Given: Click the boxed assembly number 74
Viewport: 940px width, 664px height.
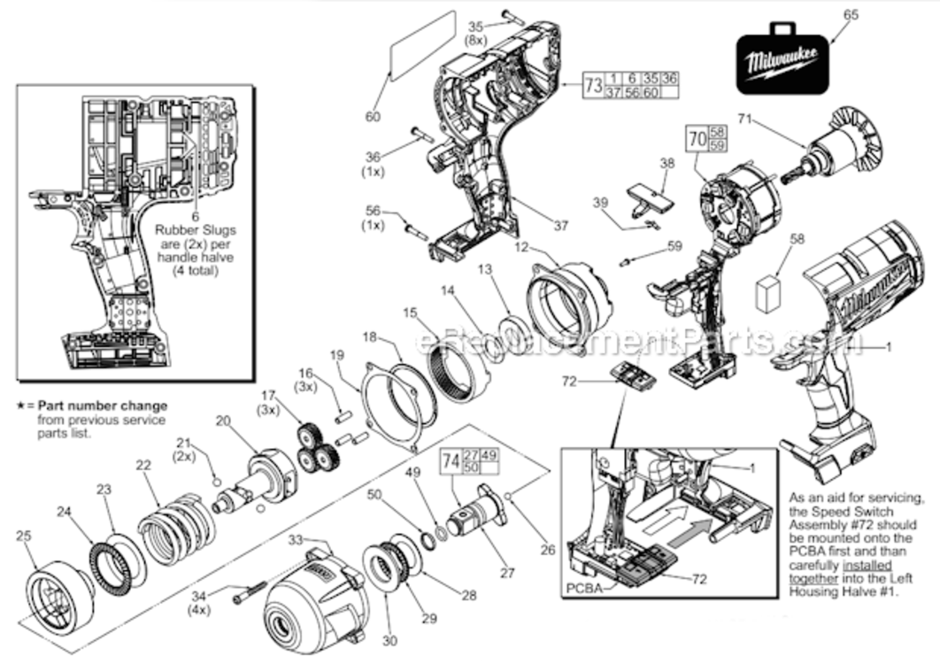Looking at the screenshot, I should coord(451,461).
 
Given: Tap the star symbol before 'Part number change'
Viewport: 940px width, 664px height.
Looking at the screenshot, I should coord(20,406).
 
